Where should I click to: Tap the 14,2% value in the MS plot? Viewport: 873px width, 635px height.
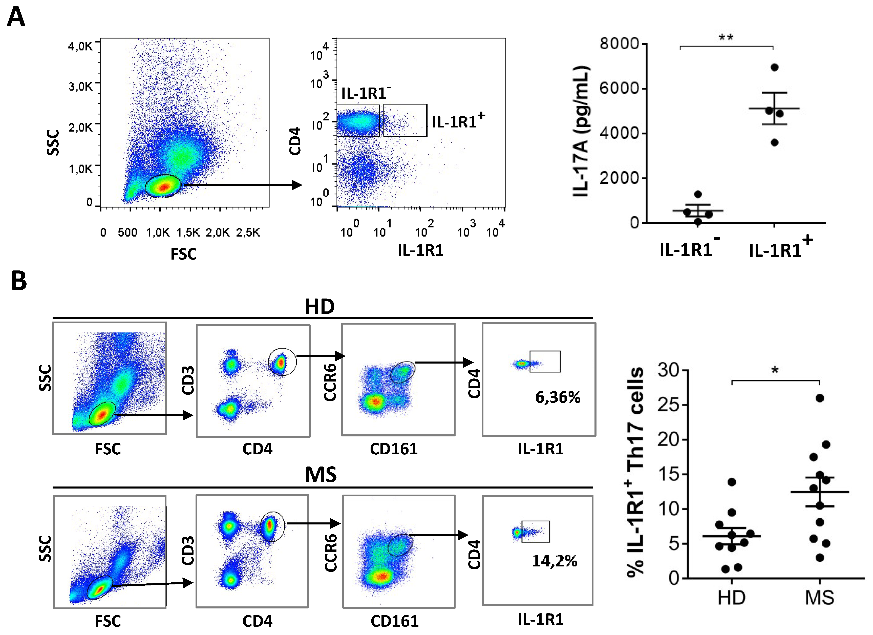554,561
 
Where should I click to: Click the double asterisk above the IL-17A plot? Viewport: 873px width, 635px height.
726,38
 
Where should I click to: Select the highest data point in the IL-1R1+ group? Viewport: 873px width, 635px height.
774,67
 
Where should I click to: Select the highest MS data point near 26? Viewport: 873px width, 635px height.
820,398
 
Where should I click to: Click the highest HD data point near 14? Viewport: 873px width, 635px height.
732,482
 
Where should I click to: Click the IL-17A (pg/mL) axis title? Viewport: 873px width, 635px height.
581,132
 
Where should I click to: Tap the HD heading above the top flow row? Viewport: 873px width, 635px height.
320,307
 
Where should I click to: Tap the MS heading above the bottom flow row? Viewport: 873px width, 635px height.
321,475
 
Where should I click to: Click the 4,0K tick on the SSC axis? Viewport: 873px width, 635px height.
80,46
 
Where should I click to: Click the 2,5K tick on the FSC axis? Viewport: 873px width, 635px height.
248,232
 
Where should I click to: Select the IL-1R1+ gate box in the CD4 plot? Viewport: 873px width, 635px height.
405,120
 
